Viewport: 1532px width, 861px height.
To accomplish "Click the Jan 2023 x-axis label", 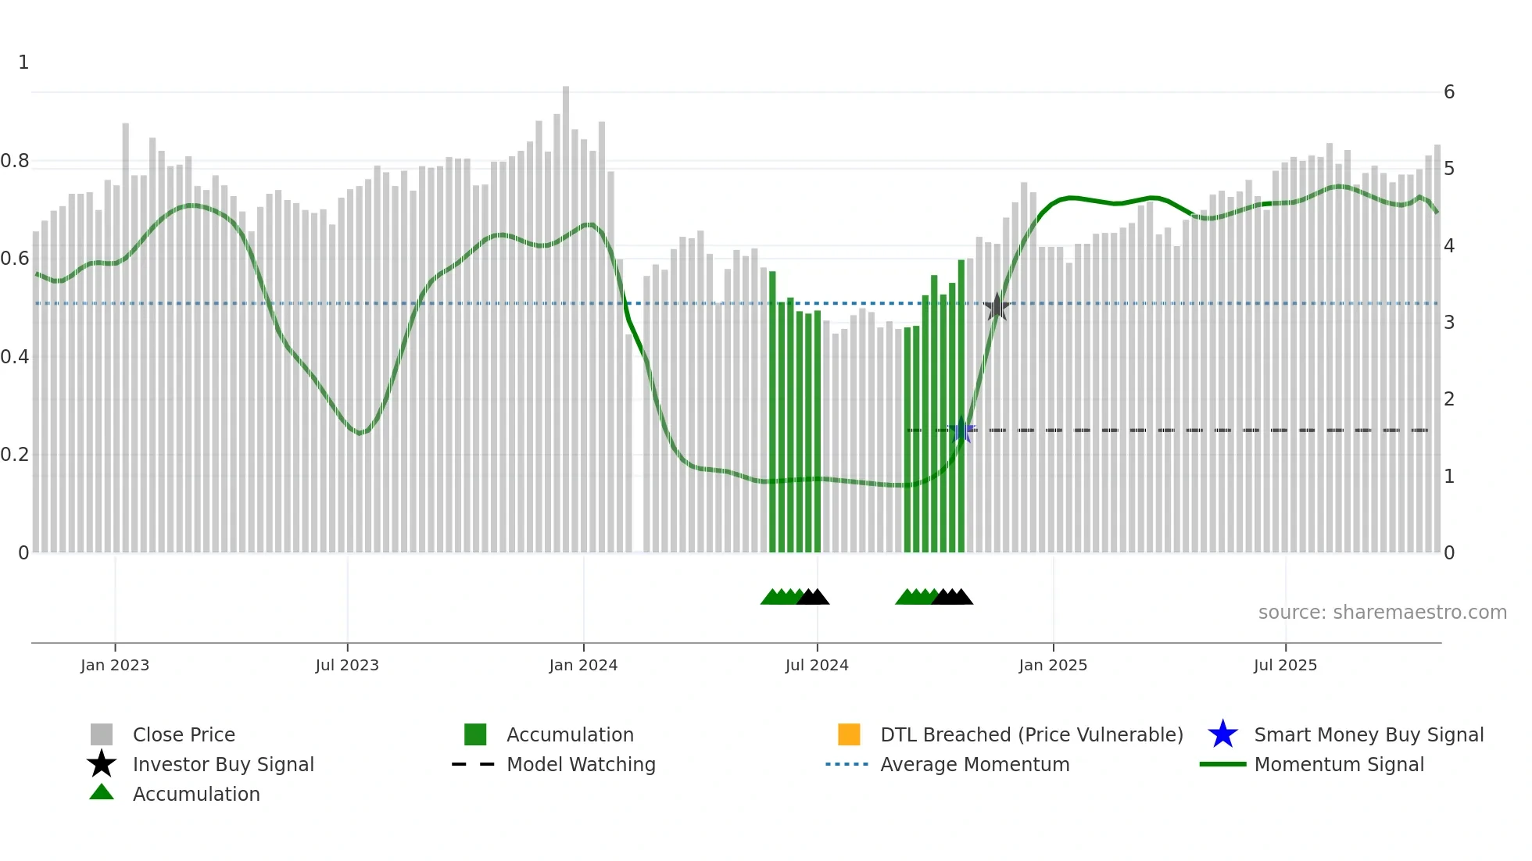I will [115, 665].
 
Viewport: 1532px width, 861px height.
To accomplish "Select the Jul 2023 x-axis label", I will [347, 665].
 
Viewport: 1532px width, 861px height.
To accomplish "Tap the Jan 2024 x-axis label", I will [583, 665].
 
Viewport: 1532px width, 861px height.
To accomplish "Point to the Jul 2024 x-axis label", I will [817, 665].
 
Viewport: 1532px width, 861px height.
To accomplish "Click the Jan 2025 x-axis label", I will [1053, 665].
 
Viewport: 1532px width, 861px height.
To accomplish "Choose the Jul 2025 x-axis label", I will [1285, 665].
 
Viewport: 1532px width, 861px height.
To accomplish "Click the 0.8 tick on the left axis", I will [15, 161].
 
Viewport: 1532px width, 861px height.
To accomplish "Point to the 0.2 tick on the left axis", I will [15, 455].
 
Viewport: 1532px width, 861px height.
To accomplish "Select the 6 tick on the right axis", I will [1449, 92].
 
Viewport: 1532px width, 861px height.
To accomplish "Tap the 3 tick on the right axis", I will [1449, 322].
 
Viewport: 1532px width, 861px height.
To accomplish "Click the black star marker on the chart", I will [997, 307].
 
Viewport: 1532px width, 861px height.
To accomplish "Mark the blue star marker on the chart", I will [962, 430].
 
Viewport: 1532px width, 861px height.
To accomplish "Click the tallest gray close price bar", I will [566, 313].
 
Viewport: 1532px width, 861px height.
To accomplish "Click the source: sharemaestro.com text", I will [1382, 612].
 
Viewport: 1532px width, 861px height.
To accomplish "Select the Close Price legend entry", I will [184, 734].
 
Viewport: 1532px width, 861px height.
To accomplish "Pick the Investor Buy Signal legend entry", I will [223, 764].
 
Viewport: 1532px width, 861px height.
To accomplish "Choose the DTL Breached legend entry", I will [1031, 734].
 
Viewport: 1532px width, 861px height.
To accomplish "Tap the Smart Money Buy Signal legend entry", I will [1368, 734].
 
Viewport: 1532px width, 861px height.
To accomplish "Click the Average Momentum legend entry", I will [974, 764].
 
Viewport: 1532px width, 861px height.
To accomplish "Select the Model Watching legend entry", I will [581, 764].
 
